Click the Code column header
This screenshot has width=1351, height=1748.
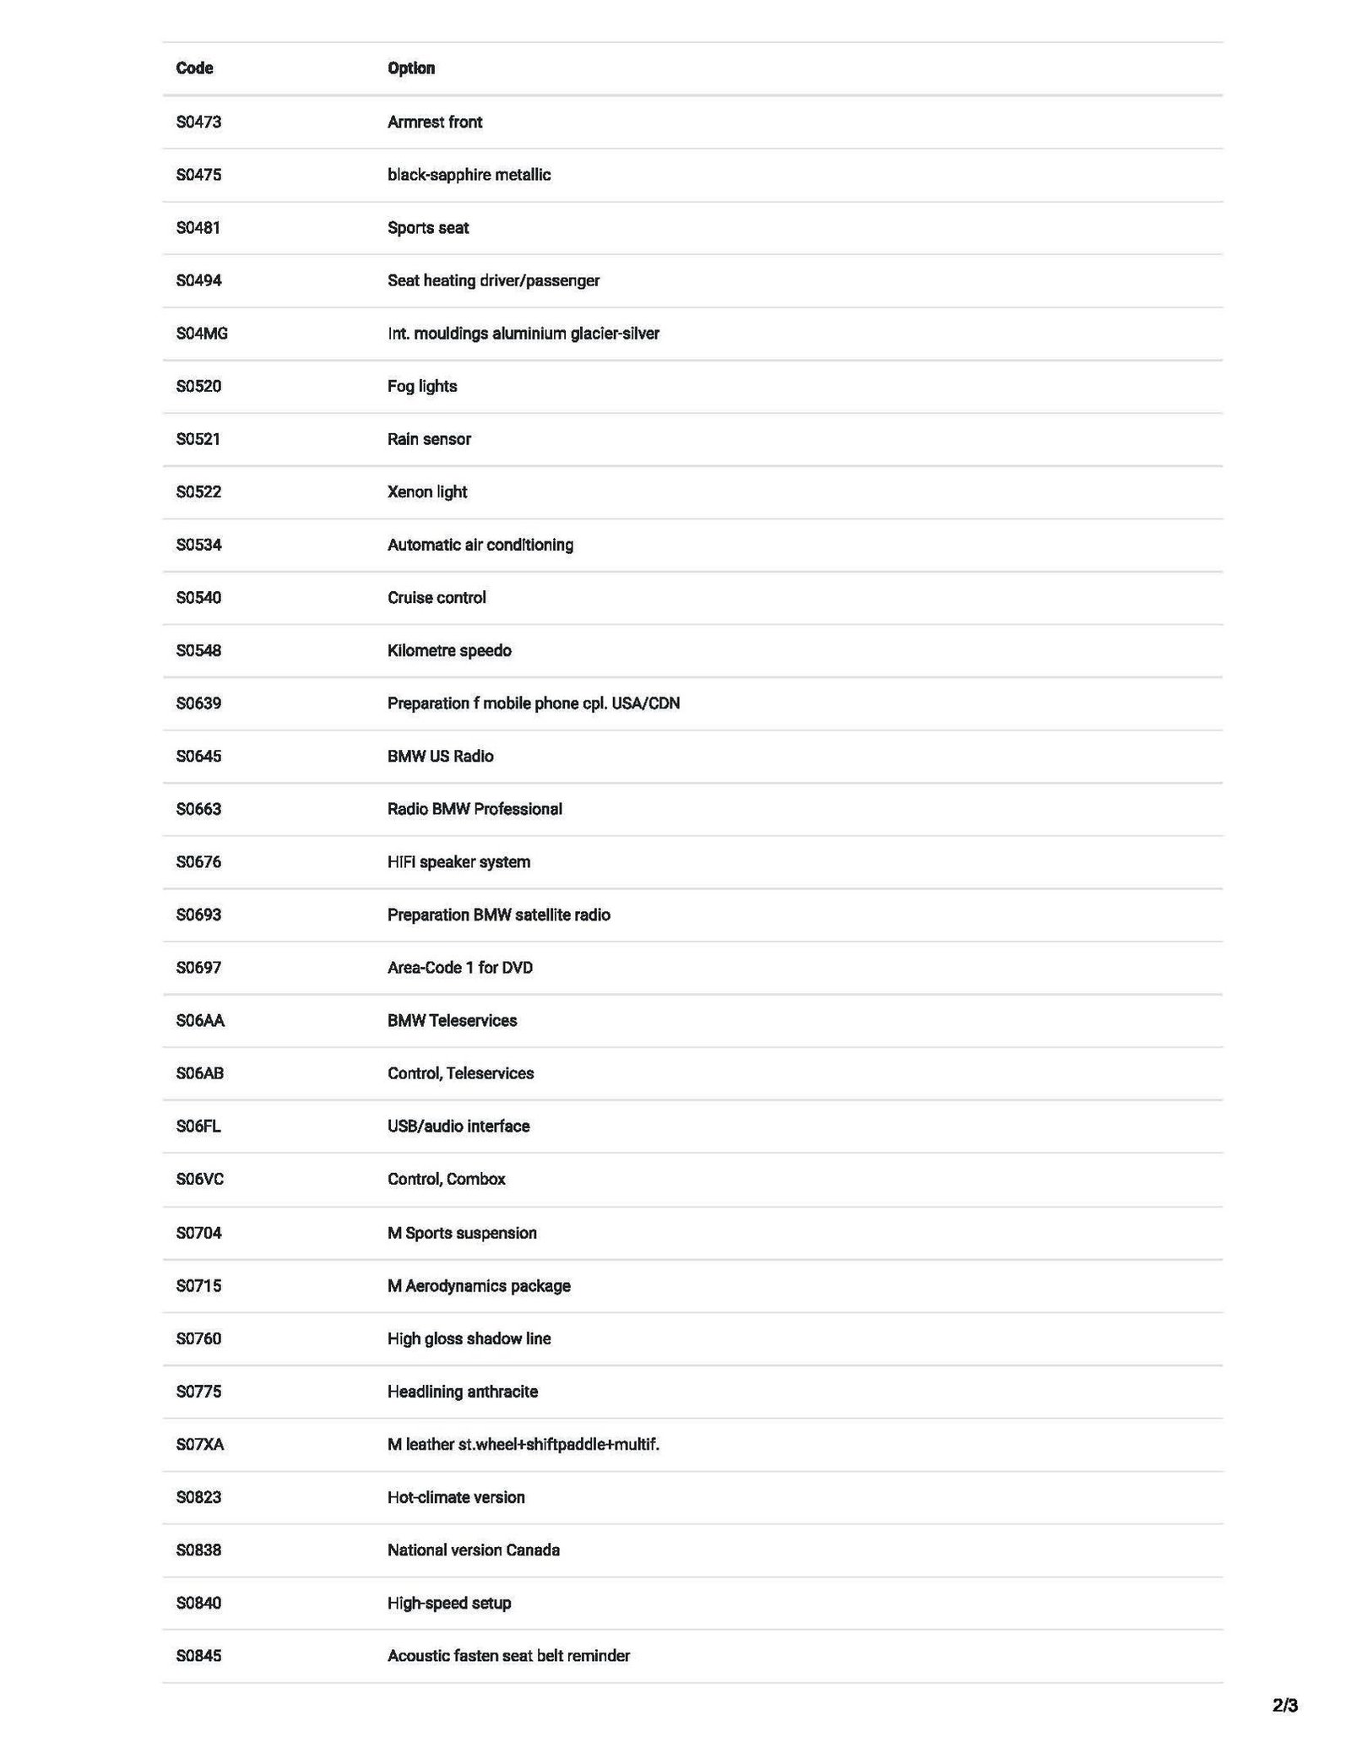(x=194, y=68)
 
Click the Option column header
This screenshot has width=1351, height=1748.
(x=411, y=68)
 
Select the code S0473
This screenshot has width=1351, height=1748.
(x=198, y=122)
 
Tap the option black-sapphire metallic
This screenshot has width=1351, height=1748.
(x=469, y=175)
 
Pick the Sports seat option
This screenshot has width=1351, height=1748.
(x=428, y=228)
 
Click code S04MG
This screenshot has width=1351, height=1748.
(x=202, y=334)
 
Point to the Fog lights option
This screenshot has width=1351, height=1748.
(x=422, y=386)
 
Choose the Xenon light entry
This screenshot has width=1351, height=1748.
(x=427, y=491)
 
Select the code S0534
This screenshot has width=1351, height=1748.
(x=198, y=545)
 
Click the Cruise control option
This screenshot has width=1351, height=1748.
(x=437, y=598)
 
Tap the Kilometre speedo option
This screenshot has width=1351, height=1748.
(x=449, y=650)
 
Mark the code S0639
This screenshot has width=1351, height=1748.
(x=198, y=703)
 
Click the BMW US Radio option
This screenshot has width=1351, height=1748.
(x=440, y=756)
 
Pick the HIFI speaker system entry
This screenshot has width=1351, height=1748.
(x=458, y=862)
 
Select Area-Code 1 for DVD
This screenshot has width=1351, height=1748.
(x=460, y=968)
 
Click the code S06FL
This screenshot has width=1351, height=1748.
(x=198, y=1126)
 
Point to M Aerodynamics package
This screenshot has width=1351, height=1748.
(x=479, y=1285)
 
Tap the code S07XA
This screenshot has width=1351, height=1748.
(x=200, y=1444)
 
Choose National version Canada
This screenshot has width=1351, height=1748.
(x=474, y=1550)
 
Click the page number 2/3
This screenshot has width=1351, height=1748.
(x=1284, y=1706)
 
